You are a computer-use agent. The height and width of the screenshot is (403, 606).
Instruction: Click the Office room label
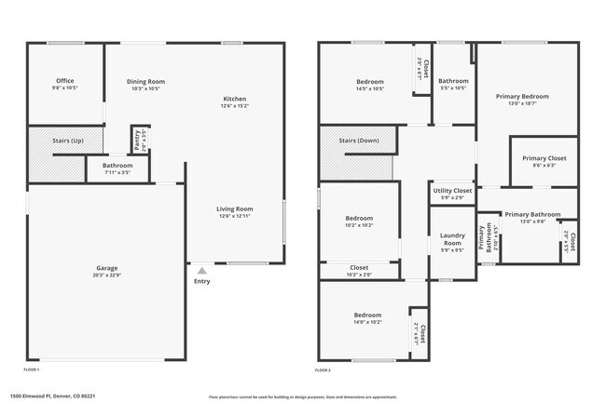point(64,81)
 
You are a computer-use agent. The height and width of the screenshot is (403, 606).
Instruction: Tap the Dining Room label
point(145,81)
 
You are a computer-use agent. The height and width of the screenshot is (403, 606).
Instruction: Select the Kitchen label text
point(234,99)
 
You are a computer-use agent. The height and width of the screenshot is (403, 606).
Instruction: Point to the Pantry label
point(137,140)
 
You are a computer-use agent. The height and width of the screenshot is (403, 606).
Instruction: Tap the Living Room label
point(235,209)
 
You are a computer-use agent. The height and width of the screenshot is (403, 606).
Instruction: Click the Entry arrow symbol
point(201,270)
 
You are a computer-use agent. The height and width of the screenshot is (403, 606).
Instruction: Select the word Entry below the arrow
point(201,281)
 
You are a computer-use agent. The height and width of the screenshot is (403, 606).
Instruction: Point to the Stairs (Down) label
point(359,140)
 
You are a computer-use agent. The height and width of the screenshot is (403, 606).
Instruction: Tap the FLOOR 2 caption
point(323,370)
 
